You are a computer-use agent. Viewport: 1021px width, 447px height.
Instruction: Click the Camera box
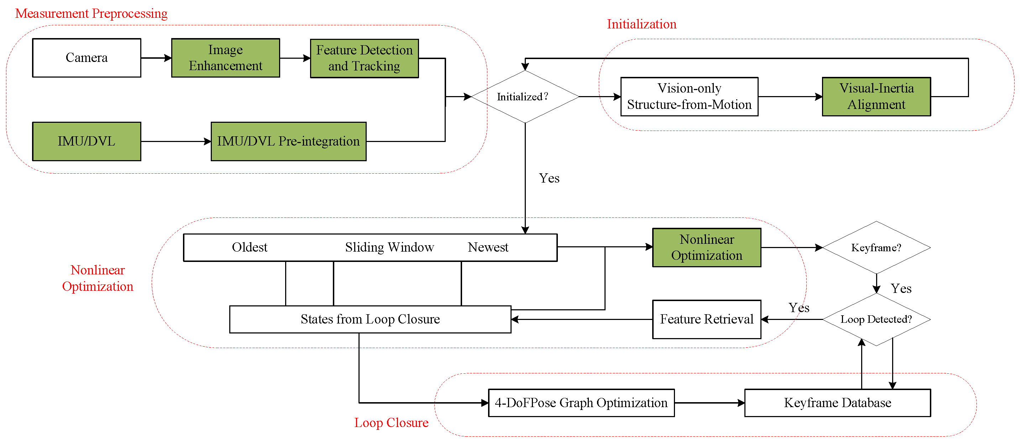click(87, 58)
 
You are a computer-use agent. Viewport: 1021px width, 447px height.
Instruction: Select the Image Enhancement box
click(225, 58)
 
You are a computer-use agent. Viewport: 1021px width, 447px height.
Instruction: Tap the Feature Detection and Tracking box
click(364, 58)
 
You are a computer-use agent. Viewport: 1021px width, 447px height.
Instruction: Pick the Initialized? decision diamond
click(525, 97)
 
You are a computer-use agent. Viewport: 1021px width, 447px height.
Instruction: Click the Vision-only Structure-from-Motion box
click(689, 97)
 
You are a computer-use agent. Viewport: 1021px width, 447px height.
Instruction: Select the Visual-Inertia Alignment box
click(876, 97)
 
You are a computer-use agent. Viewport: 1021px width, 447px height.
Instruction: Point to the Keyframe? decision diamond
click(876, 248)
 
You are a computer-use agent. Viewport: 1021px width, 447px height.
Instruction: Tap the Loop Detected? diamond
click(876, 319)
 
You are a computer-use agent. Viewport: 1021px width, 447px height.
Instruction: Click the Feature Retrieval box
click(706, 319)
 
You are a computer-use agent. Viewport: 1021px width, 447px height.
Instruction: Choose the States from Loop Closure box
click(370, 319)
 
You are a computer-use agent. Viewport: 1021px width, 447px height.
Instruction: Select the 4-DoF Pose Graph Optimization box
click(581, 403)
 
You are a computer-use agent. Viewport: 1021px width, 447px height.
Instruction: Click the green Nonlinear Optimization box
click(706, 248)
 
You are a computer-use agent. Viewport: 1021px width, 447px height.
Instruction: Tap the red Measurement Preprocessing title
click(91, 14)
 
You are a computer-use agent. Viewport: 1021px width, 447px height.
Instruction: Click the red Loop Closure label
click(391, 423)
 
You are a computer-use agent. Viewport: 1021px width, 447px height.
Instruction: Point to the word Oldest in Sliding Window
click(249, 248)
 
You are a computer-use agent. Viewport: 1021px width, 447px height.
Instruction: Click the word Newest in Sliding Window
click(488, 248)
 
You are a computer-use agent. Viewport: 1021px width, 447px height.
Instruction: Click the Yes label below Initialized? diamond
click(549, 178)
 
